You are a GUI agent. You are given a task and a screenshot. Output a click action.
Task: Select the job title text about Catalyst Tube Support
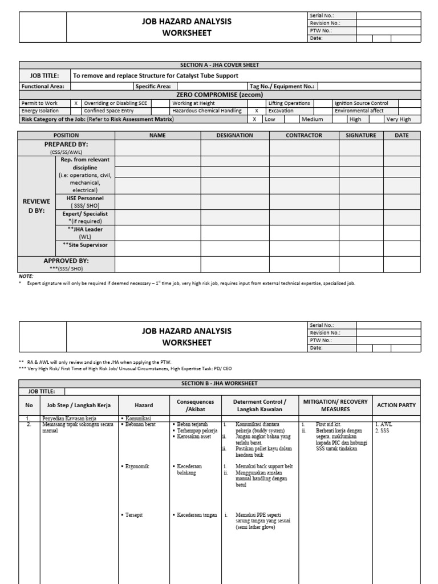(x=155, y=75)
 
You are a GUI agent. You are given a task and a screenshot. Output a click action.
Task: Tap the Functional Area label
(x=43, y=86)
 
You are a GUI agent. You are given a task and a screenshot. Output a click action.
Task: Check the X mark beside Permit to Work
(x=76, y=103)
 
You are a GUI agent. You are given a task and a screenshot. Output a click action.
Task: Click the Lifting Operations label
(x=289, y=103)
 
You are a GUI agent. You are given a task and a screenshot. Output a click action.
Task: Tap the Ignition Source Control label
(x=361, y=103)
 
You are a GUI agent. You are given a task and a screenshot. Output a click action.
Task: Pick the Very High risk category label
(x=398, y=119)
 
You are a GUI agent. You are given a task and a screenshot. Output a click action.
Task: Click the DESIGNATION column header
(x=234, y=135)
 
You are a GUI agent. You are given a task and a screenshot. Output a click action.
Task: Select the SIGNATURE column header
(x=361, y=135)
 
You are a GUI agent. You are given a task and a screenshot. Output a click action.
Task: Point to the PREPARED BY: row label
(x=66, y=145)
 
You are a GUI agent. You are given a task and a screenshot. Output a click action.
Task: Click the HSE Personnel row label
(x=84, y=197)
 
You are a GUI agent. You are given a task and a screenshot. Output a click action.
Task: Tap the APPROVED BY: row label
(x=66, y=260)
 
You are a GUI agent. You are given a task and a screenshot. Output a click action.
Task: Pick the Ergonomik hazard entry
(x=135, y=466)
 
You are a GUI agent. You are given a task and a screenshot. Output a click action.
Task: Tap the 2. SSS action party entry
(x=383, y=431)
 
